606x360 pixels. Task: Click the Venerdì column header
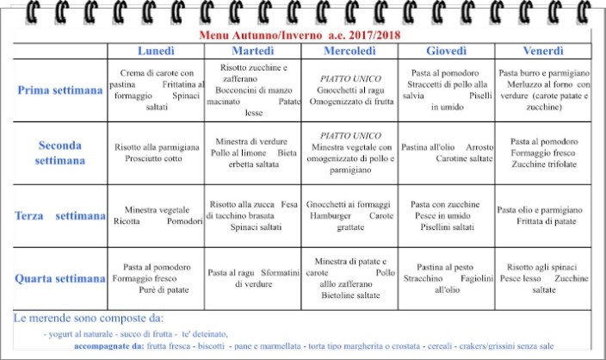(x=542, y=50)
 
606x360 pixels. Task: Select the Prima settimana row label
(x=60, y=90)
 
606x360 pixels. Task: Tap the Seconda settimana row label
(x=60, y=153)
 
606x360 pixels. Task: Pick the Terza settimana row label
(x=60, y=215)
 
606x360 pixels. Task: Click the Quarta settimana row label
(x=60, y=278)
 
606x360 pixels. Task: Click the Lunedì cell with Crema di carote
(x=157, y=90)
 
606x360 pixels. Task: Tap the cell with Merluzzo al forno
(x=542, y=90)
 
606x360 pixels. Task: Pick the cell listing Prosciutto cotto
(x=157, y=153)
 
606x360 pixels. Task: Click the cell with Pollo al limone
(x=253, y=152)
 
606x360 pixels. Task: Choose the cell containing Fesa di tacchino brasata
(x=253, y=215)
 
